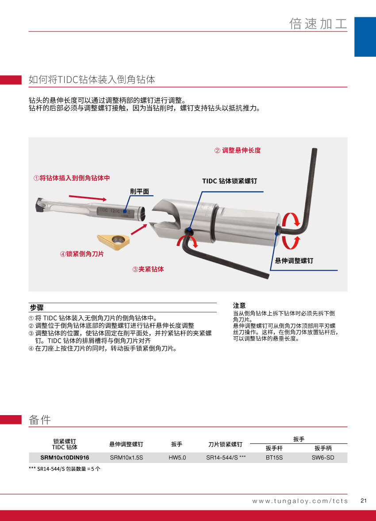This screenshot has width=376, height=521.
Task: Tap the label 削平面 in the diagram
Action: pos(139,191)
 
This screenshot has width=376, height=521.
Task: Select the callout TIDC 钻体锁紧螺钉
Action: pos(230,181)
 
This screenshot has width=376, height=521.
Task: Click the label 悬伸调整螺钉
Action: pos(294,261)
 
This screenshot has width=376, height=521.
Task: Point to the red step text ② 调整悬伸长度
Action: pos(238,151)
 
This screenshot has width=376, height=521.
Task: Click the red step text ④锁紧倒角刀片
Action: pos(82,254)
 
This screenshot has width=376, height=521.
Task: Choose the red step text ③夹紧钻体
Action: pos(148,269)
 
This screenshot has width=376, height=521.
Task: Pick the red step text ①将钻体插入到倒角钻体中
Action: pos(72,178)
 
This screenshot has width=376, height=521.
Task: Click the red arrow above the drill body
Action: pos(88,198)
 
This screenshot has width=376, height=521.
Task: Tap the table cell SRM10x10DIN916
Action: pos(65,458)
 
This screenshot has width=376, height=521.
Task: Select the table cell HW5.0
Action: pos(177,458)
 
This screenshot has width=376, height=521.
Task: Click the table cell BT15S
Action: pos(274,458)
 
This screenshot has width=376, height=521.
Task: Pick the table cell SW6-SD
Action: pos(323,458)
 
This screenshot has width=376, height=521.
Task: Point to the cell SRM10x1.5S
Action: pos(127,458)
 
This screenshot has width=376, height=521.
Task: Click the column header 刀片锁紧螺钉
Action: pos(225,444)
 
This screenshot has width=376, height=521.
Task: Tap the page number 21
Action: pos(364,501)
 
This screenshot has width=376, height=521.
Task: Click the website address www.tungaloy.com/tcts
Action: pos(300,501)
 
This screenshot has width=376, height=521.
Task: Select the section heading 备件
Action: pos(40,420)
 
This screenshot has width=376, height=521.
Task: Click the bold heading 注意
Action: pos(239,305)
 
